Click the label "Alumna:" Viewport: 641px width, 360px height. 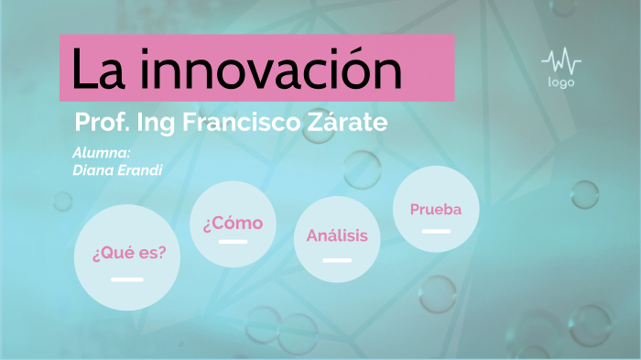[x=101, y=153]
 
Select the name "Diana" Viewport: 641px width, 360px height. [x=92, y=169]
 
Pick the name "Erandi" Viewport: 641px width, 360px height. [x=132, y=169]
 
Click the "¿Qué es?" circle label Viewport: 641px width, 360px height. [x=129, y=253]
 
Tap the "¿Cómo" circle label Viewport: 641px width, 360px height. [x=233, y=223]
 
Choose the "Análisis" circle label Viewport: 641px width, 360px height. [x=337, y=235]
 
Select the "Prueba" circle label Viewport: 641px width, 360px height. [x=436, y=209]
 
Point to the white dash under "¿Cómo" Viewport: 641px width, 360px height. [x=233, y=242]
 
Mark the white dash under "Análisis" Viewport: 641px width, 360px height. [x=337, y=260]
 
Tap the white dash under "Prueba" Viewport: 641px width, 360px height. [x=436, y=231]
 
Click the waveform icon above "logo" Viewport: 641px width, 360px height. [x=560, y=62]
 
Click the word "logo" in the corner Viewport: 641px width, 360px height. [x=561, y=82]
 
